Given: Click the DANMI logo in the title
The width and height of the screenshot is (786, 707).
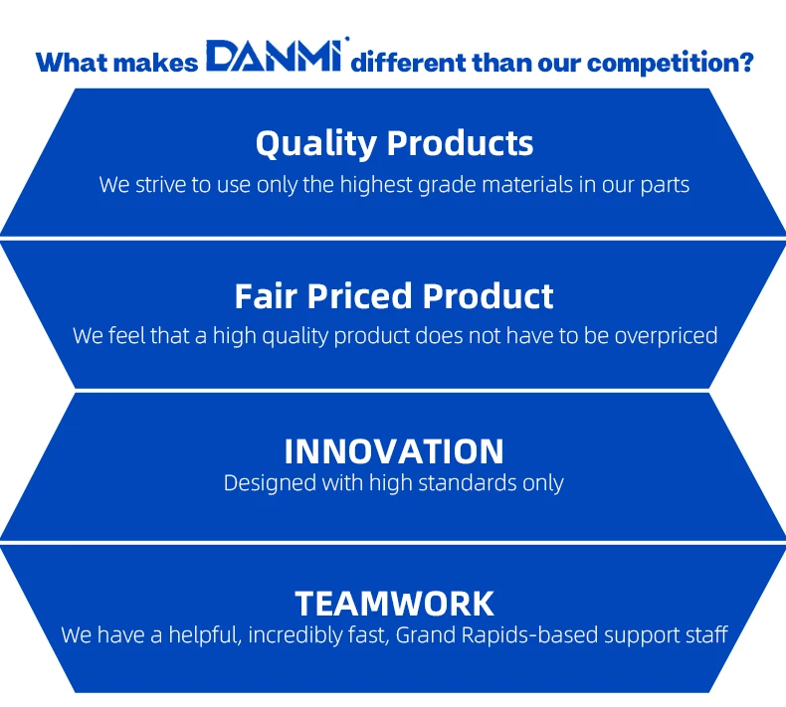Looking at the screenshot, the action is (275, 55).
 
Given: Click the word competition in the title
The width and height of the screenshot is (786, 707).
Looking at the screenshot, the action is (671, 63).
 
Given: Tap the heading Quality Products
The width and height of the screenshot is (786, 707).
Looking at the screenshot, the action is (394, 144).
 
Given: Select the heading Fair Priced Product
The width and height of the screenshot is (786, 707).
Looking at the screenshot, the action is (394, 296).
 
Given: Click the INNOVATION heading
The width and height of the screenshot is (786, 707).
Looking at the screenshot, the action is (394, 451).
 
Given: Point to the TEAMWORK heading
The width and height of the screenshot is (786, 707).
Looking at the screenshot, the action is (395, 604).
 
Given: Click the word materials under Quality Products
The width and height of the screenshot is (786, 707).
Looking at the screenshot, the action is (527, 184).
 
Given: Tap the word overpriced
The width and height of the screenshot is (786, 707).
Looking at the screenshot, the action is (667, 336).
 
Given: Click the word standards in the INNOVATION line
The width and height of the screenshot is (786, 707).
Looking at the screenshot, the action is (468, 483).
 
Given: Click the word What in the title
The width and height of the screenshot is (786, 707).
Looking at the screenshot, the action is (72, 63).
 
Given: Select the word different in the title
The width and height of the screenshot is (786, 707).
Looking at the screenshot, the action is (407, 63).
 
